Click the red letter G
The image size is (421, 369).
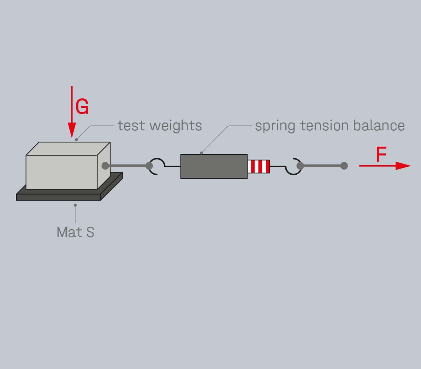[82, 107]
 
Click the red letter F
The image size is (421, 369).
[381, 155]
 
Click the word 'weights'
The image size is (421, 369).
[176, 126]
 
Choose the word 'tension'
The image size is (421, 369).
[324, 126]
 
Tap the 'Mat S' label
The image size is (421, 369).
[75, 232]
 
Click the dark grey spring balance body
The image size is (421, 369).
[214, 166]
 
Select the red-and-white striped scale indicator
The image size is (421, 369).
[259, 166]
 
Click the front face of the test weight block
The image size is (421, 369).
[62, 172]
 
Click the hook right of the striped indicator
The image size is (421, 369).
[293, 167]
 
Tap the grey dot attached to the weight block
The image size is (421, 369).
[105, 166]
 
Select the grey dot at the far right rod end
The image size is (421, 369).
[344, 166]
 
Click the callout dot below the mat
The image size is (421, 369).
[75, 205]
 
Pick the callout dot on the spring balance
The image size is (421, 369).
[201, 153]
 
